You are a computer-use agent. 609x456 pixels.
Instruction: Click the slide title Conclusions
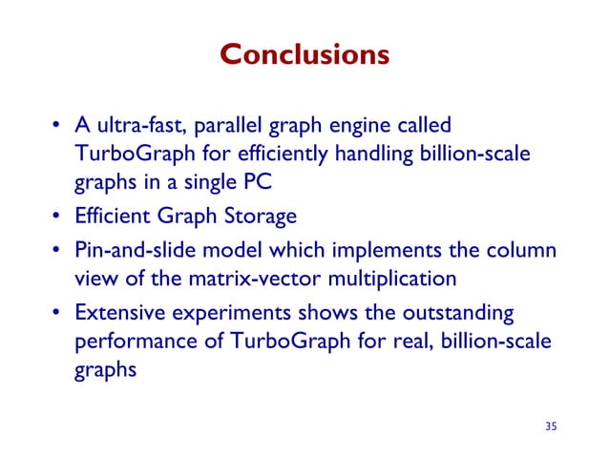coord(304,54)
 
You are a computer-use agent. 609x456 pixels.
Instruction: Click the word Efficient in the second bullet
coord(109,218)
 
